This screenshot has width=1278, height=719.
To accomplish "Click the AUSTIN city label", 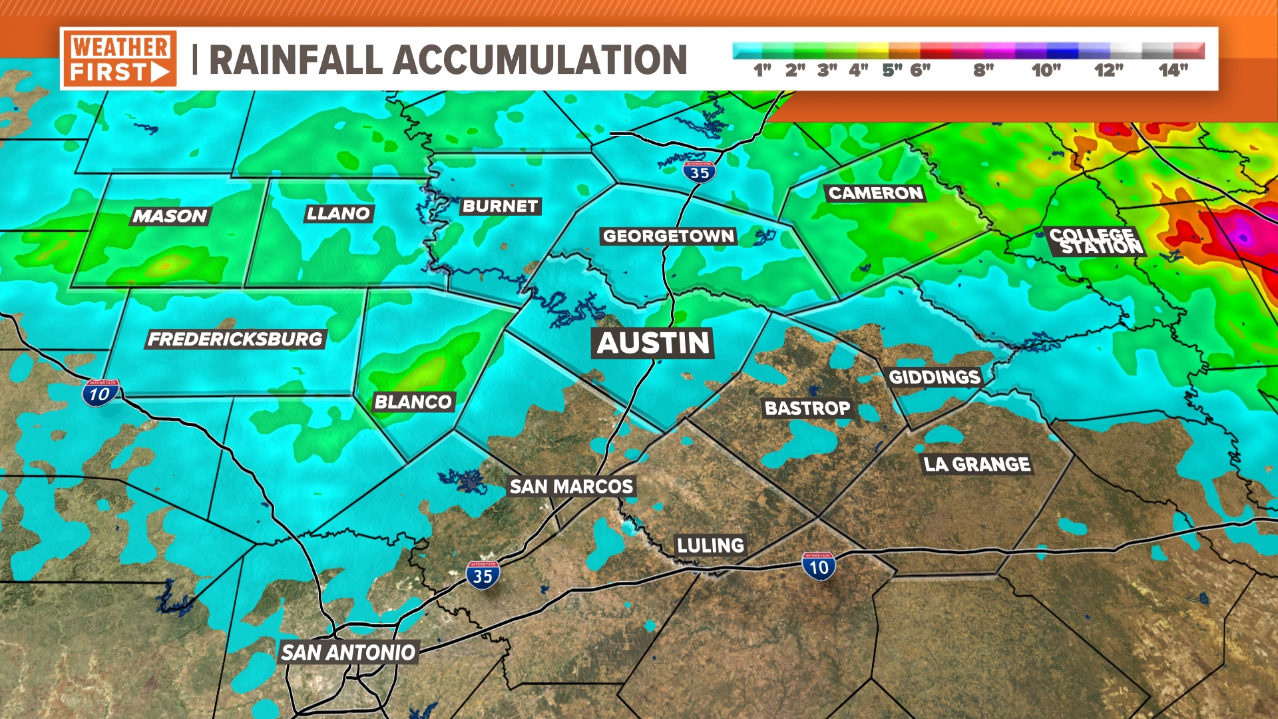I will [x=653, y=344].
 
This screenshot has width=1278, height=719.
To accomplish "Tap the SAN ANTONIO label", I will [x=348, y=652].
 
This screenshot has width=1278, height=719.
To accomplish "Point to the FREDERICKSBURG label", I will [x=235, y=340].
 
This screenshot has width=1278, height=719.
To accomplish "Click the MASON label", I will [x=170, y=216].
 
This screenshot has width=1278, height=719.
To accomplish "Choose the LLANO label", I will [x=338, y=214].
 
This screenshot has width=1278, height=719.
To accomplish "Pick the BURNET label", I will [x=500, y=206].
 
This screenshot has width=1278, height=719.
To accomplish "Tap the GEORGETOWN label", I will [x=668, y=236].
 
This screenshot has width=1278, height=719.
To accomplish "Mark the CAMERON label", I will [x=875, y=194].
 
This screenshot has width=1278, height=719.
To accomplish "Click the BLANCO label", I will [x=413, y=402].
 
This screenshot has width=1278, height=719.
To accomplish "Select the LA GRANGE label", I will [x=976, y=464].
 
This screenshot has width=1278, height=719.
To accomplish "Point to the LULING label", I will [x=710, y=546].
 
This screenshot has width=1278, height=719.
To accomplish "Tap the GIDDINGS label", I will [x=935, y=377].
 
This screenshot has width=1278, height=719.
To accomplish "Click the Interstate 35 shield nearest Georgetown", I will [x=699, y=172].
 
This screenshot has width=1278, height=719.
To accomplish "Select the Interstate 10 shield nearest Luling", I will [x=818, y=567].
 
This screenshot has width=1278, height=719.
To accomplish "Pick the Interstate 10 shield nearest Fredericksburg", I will [x=100, y=393].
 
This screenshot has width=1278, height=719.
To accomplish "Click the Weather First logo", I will [x=120, y=59].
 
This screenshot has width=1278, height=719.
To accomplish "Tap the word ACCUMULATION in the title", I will [x=540, y=60].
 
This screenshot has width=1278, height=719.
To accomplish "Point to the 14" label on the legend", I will [x=1173, y=71].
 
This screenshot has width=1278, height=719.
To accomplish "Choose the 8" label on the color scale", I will [x=983, y=71].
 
